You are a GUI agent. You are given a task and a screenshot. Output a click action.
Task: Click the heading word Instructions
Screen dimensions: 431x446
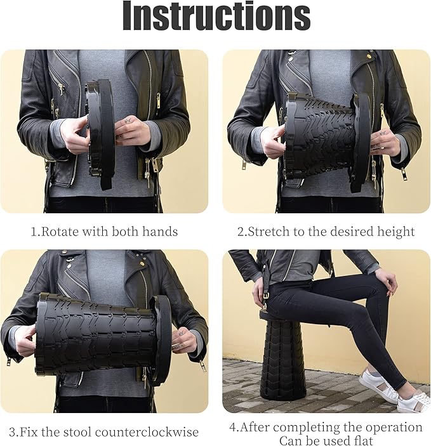coord(216,16)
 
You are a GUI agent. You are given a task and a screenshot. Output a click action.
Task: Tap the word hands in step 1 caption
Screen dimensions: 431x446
coord(160,232)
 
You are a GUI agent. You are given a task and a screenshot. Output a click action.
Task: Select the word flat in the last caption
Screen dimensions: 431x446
coord(362,440)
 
